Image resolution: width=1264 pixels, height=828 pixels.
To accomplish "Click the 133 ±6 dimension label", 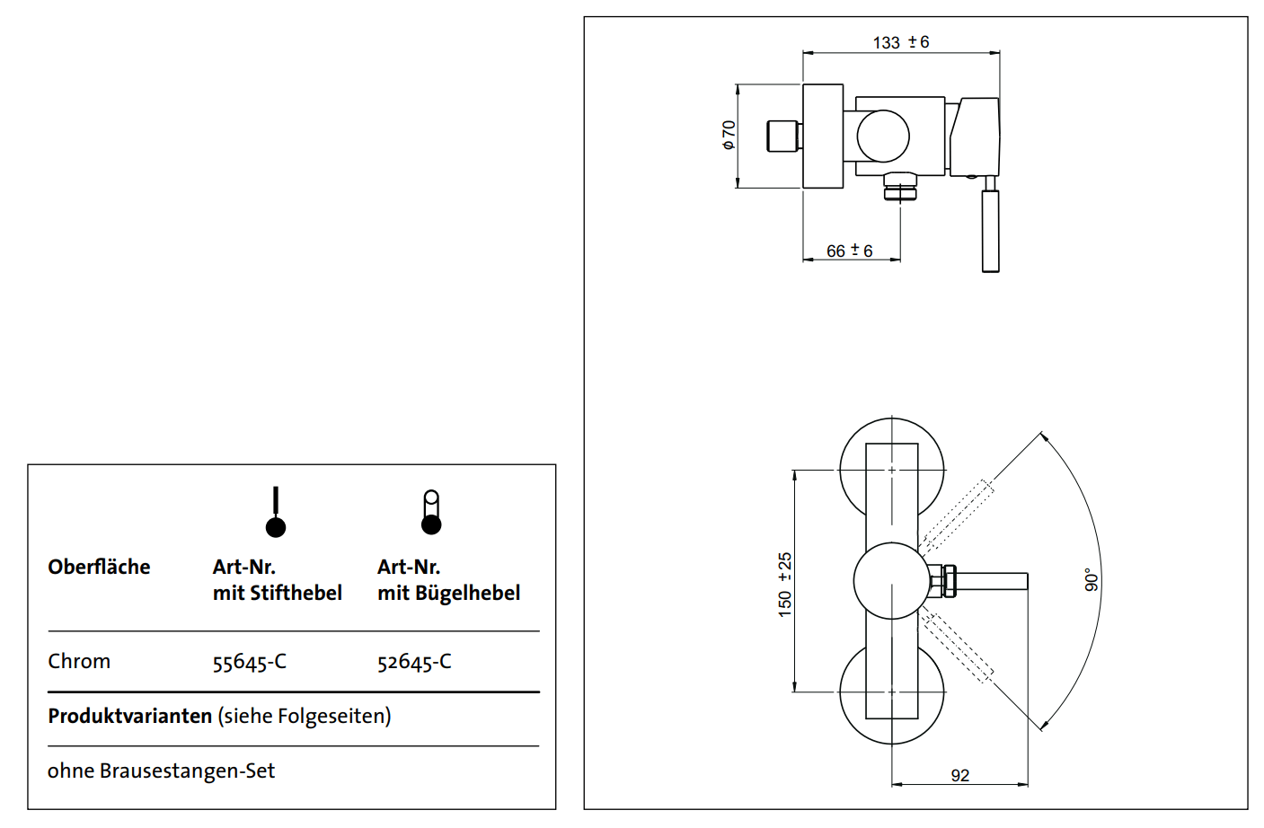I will click(x=900, y=42).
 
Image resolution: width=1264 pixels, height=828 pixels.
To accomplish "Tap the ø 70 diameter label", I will click(x=729, y=135).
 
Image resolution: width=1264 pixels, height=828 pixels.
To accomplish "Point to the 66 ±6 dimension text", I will click(x=849, y=251).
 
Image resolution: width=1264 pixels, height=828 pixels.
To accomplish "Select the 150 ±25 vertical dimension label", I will click(x=785, y=584).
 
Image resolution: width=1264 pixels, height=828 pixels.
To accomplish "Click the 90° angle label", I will click(x=1092, y=580).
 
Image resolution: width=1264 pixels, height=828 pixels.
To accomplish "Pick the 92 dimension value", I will click(x=959, y=775).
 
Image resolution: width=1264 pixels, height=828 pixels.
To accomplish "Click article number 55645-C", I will click(x=249, y=662).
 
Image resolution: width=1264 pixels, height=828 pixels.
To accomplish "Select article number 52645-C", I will click(x=414, y=662).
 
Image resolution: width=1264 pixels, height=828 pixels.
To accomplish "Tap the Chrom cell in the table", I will click(x=79, y=661).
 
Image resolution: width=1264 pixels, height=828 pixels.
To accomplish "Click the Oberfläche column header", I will click(x=99, y=567).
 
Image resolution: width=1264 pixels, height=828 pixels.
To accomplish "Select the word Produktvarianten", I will click(x=129, y=716).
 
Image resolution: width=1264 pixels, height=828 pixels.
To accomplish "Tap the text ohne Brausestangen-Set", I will click(x=161, y=771).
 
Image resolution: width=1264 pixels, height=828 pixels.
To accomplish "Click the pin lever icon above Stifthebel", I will click(x=276, y=513).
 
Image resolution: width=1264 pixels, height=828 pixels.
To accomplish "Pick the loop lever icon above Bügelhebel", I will click(x=431, y=513).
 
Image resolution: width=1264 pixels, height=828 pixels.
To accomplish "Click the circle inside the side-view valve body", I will click(x=883, y=137).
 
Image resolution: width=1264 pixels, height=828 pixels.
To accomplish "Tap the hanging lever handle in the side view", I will click(x=990, y=229).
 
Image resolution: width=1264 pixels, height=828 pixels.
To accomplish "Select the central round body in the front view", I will click(x=890, y=580).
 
